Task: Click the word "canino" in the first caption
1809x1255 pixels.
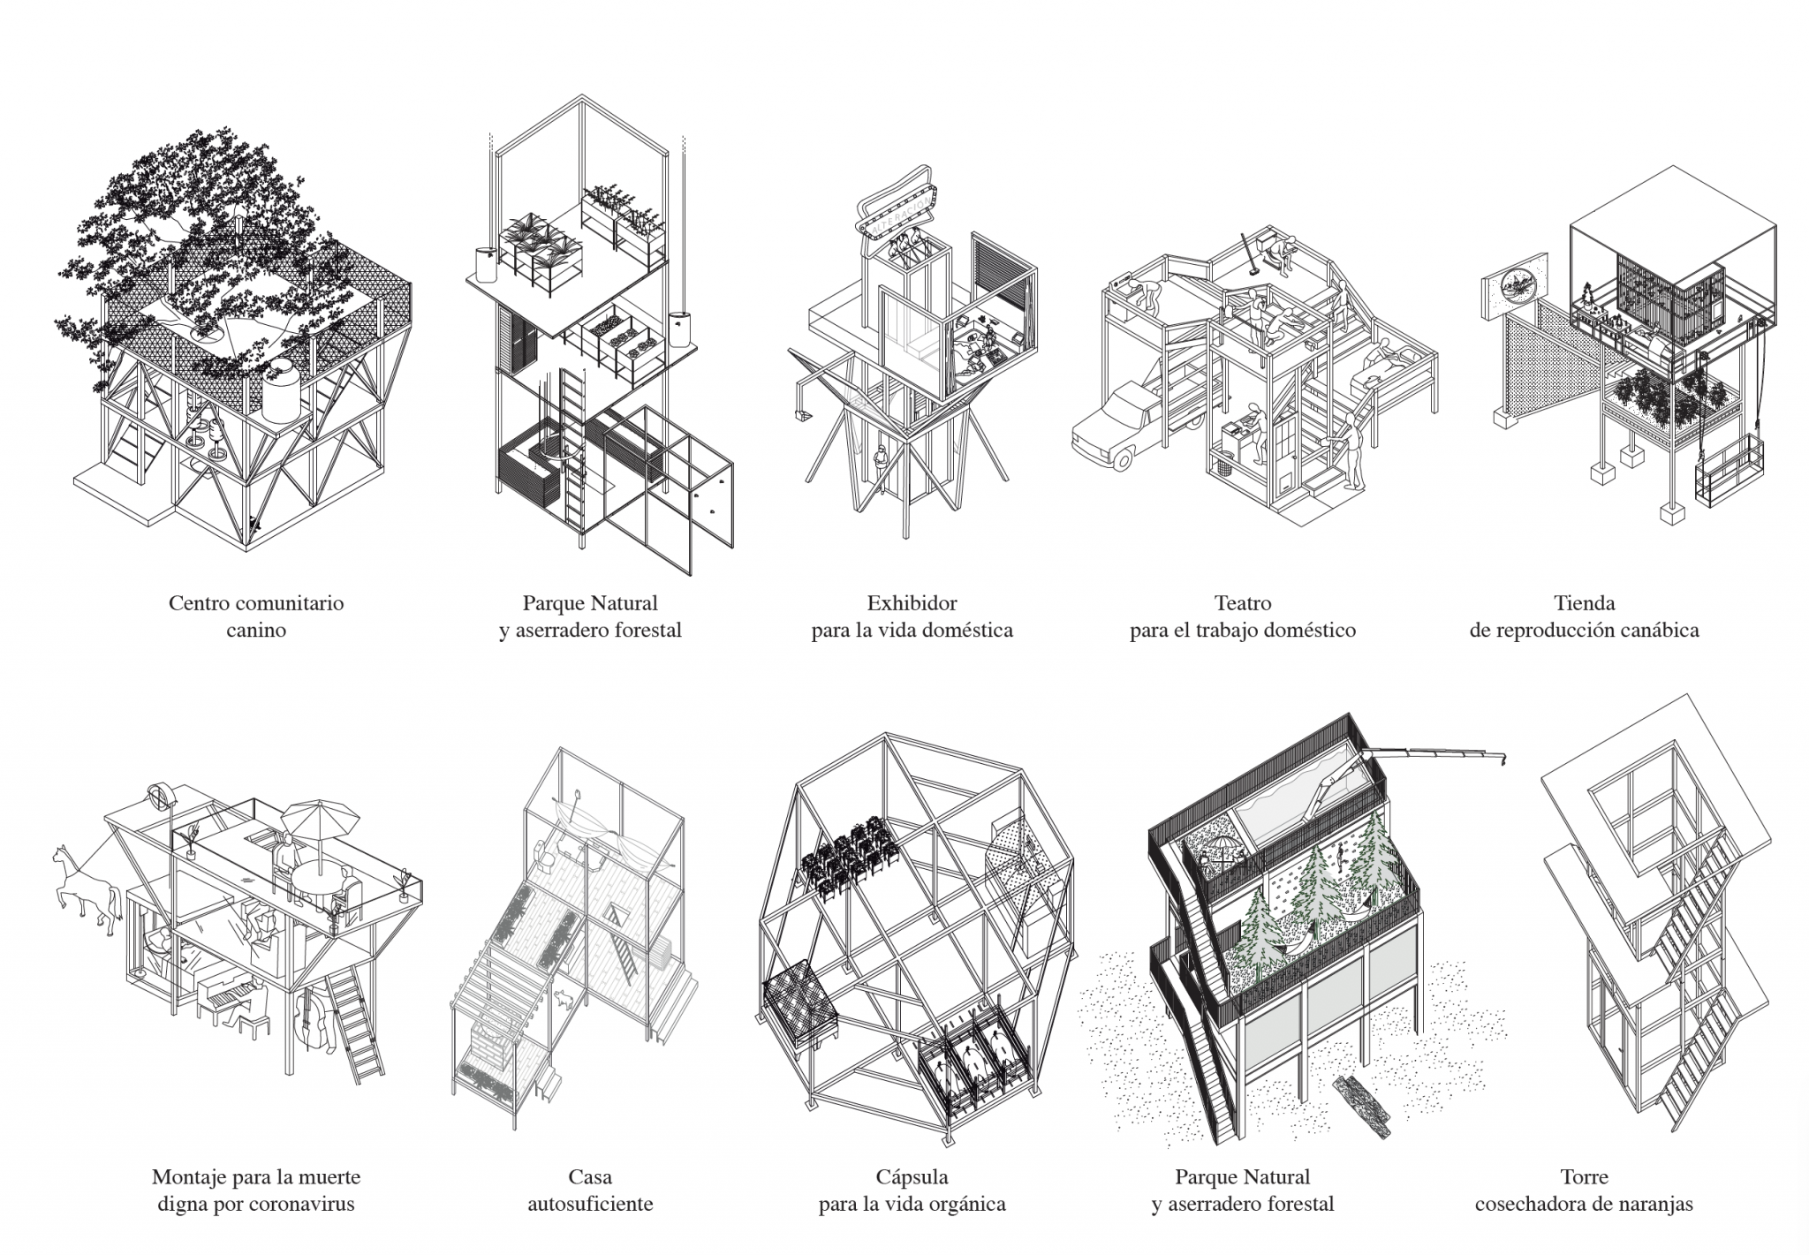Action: [255, 631]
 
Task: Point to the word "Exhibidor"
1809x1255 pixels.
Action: [912, 603]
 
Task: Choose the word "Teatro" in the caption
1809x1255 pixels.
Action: [1243, 603]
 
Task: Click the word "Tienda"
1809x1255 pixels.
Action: [1584, 603]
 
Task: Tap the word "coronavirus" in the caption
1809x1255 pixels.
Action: [301, 1204]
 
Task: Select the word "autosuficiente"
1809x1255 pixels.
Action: [590, 1204]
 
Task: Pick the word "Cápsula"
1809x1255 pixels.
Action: [912, 1176]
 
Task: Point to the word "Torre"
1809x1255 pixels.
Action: [1584, 1176]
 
